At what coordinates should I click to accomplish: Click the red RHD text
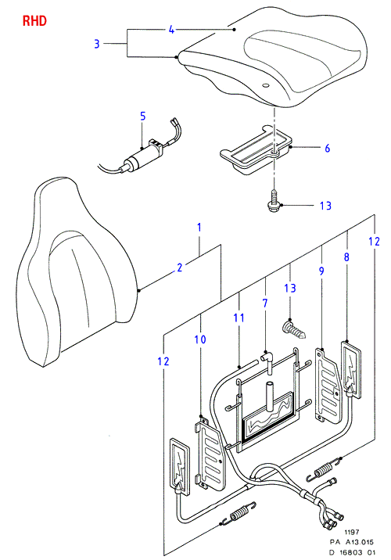coord(34,20)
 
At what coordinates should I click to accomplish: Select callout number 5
coord(143,116)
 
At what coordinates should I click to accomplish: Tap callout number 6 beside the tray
coord(328,148)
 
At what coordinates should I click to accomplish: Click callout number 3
coord(97,44)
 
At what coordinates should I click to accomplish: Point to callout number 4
coord(172,30)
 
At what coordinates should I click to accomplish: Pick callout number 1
coord(199,227)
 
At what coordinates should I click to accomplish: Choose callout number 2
coord(180,267)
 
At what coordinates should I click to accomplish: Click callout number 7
coord(265,303)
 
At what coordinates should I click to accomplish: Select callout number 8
coord(346,257)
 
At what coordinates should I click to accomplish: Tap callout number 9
coord(321,271)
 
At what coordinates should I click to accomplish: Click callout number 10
coord(200,339)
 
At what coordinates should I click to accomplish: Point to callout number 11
coord(239,318)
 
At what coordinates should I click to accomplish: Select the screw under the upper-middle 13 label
coord(294,330)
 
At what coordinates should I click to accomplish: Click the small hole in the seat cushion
coord(265,85)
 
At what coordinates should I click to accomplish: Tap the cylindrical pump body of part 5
coord(137,163)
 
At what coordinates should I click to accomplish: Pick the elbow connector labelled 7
coord(267,361)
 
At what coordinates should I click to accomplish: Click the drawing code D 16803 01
coord(352,552)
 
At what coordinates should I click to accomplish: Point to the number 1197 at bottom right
coord(351,532)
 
